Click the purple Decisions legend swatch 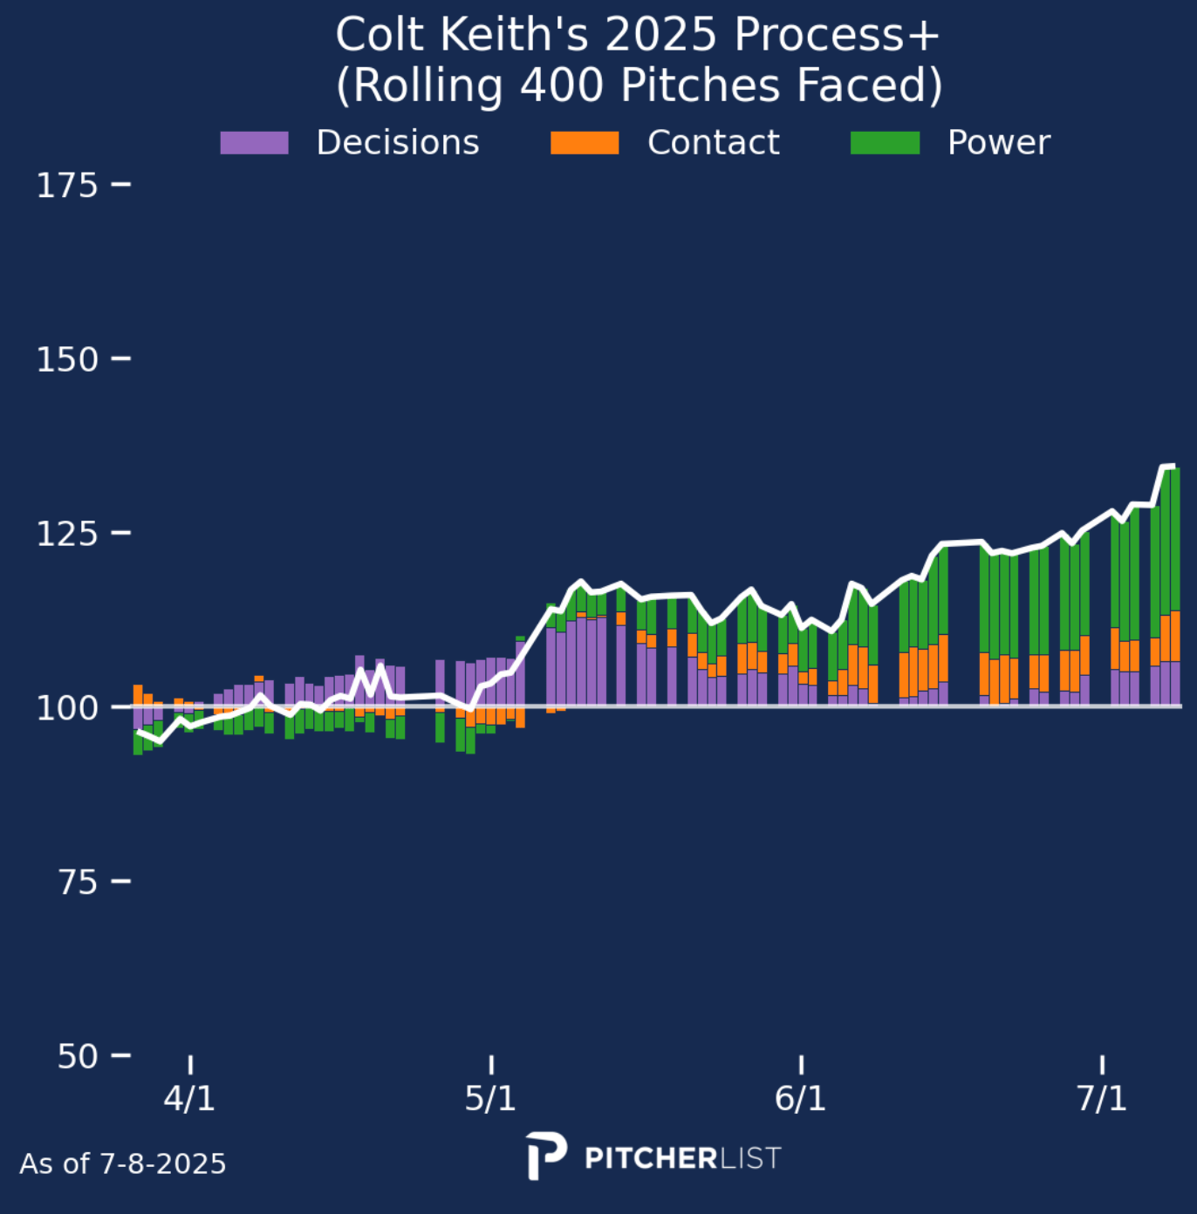254,143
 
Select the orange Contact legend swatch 585,143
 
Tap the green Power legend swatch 885,143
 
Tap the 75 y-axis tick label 78,882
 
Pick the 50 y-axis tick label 78,1056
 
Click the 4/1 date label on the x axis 189,1098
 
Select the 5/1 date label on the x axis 490,1098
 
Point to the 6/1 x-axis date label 800,1098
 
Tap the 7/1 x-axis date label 1102,1098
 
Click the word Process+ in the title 837,36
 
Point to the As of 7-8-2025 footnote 123,1164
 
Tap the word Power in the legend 999,143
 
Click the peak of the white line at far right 1169,467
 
